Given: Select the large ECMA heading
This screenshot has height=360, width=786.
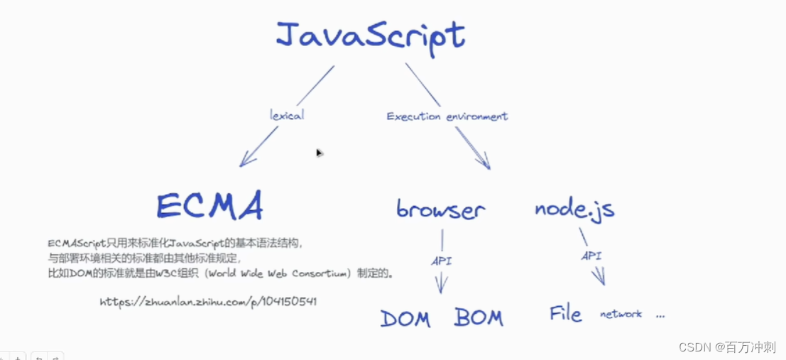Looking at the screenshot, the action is click(x=210, y=205).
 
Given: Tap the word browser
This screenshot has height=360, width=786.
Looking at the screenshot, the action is click(x=440, y=209).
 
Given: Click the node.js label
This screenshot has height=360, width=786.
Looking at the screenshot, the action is click(x=574, y=209).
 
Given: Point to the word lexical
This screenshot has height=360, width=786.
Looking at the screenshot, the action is click(x=287, y=114).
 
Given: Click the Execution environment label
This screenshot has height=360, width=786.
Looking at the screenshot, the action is click(x=447, y=116).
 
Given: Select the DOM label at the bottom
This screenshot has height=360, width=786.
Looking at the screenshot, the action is click(x=405, y=318).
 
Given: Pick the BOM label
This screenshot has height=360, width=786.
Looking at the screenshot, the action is click(x=479, y=317).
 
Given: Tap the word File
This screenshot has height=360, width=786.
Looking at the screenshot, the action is click(x=565, y=313).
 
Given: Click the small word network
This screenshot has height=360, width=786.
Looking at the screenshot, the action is click(x=621, y=314).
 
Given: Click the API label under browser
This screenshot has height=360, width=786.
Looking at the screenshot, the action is click(x=441, y=261).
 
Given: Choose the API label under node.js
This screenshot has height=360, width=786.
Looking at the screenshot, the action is click(x=591, y=255).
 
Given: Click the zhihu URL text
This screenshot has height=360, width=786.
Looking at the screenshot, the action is click(x=208, y=301).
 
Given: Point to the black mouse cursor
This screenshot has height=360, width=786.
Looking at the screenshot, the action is click(x=320, y=153).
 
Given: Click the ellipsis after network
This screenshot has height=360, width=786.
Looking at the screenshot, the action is click(x=660, y=315).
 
